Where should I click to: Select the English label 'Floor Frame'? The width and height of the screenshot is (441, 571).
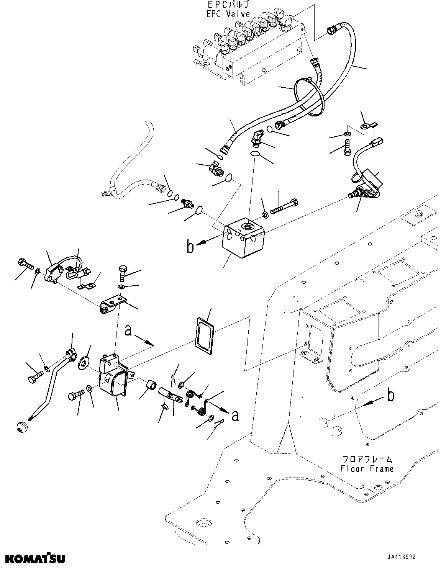point(367,468)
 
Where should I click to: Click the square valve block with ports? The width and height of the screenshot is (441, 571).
point(244,237)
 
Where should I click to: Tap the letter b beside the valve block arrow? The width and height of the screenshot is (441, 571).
point(190,247)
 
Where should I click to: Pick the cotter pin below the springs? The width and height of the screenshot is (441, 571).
point(219,424)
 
